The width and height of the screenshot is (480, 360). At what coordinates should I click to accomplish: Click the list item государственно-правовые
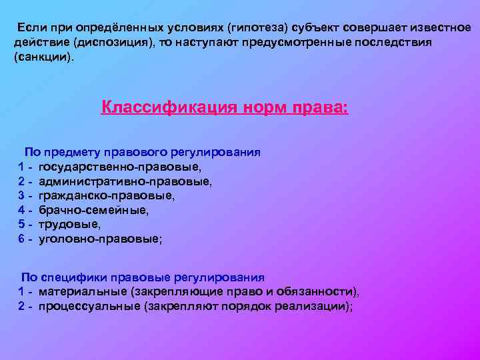point(119,167)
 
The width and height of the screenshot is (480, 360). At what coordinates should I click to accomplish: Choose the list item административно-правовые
point(125,181)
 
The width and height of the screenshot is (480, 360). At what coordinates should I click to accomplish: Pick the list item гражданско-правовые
point(107,195)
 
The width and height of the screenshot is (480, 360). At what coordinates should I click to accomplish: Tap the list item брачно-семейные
point(94,210)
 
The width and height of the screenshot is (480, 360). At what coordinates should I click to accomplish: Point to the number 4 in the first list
point(22,210)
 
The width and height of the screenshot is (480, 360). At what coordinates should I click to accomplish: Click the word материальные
point(83,292)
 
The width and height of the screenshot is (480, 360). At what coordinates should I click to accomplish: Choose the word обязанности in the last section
point(323,292)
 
